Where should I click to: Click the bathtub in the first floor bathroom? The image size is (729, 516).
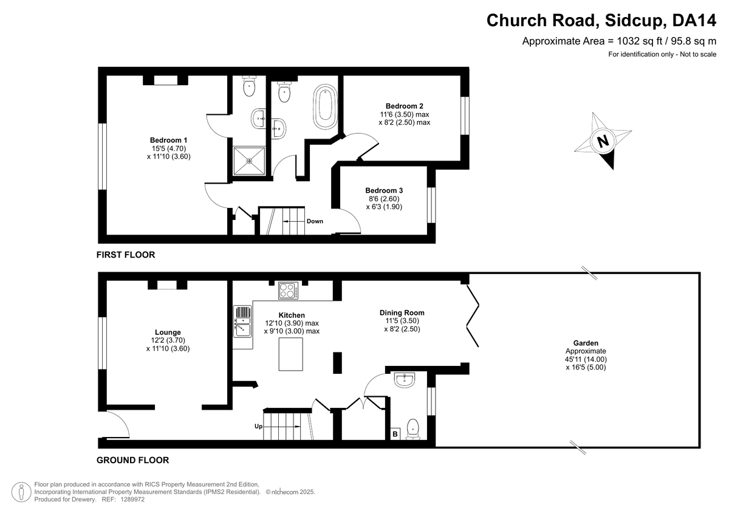coord(325,107)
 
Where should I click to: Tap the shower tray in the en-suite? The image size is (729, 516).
coord(249,161)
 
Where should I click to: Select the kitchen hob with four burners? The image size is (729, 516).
coord(289,291)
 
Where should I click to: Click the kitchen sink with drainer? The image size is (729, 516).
coord(242,322)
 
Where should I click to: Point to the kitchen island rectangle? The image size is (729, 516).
coord(290,354)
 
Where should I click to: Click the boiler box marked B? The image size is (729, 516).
coord(395,434)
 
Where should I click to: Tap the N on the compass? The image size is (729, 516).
coord(603,141)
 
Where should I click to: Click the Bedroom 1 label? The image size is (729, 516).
coord(169,140)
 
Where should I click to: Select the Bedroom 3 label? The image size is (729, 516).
coord(384,190)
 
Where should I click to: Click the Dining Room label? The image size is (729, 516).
coord(402,313)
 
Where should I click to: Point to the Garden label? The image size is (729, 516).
coord(586,343)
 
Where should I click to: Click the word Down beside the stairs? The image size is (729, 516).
coord(315,221)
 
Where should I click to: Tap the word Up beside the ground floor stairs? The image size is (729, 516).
coord(258,427)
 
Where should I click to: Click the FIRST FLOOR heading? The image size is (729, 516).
coord(126,255)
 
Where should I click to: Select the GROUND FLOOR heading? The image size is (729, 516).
coord(133,460)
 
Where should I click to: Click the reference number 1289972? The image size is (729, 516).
coord(132,500)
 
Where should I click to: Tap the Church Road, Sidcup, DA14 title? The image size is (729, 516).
coord(601,20)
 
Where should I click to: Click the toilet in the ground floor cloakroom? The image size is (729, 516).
coord(412,430)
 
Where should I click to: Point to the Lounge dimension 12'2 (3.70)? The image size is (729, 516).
coord(168,340)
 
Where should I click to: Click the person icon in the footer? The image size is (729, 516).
coord(21,492)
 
